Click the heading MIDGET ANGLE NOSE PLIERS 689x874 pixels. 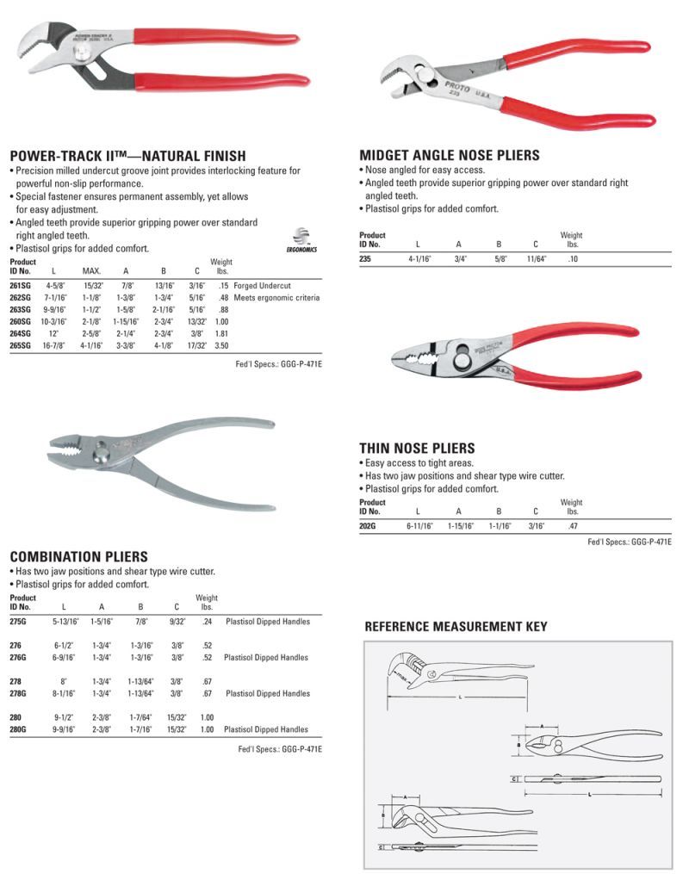coord(449,156)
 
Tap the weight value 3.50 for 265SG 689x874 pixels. coord(221,344)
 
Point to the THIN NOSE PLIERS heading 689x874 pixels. coord(416,449)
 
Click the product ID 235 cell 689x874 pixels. coord(365,257)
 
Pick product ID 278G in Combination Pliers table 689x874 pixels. coord(20,693)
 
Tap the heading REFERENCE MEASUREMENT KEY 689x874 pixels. coord(456,627)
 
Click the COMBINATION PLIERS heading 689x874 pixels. coord(78,557)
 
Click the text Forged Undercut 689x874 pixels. coord(262,285)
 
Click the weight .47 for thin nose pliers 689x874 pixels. coord(572,524)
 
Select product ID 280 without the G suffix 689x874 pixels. coord(17,717)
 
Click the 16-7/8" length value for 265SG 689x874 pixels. coord(55,344)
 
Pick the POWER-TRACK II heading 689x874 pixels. coord(127,156)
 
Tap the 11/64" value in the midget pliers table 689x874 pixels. coord(537,257)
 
